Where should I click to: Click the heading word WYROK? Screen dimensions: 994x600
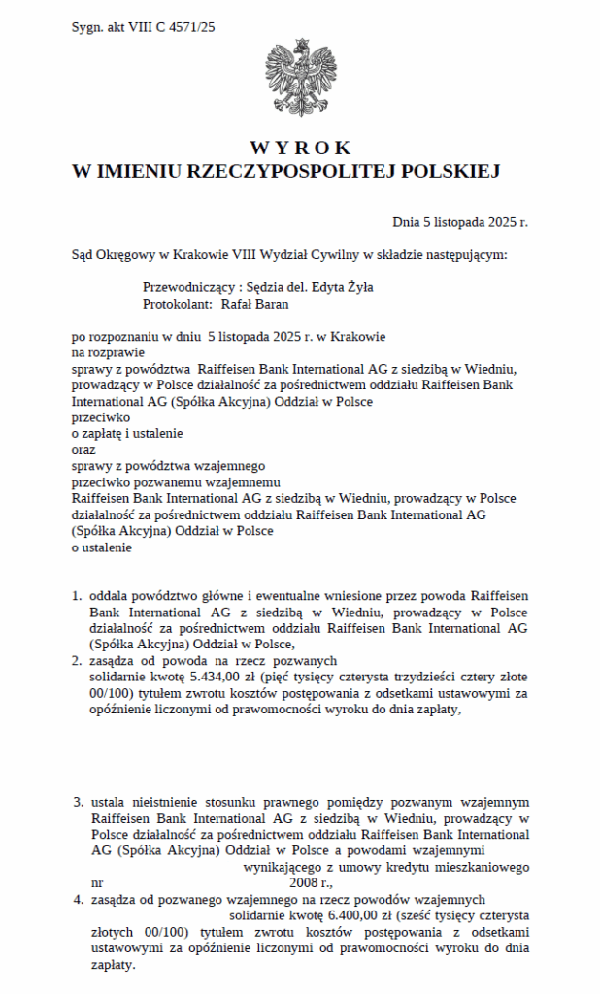click(300, 149)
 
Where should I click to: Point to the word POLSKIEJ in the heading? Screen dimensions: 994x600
click(454, 171)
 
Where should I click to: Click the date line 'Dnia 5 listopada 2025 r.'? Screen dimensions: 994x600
click(460, 222)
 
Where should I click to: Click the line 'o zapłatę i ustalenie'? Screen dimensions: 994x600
click(127, 433)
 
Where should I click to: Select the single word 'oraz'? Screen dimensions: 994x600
click(84, 449)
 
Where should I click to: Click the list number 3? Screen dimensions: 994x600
click(78, 803)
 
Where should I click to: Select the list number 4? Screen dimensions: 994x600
click(78, 900)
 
